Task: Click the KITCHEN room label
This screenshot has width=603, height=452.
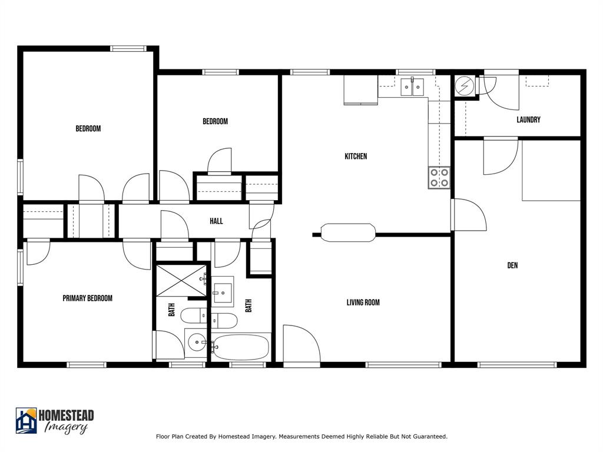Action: coord(356,157)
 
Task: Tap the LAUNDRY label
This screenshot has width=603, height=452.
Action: coord(528,120)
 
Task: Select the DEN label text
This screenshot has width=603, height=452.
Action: coord(512,265)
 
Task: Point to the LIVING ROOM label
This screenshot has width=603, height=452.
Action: coord(363,303)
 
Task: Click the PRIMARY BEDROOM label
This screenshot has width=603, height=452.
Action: coord(87,298)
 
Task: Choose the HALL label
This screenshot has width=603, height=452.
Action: coord(216,221)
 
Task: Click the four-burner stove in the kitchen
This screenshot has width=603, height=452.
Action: coord(439,178)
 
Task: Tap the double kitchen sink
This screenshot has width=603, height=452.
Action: coord(412,87)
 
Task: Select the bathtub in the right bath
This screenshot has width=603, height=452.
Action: coord(240,347)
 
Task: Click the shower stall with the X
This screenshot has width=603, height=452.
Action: coord(181,280)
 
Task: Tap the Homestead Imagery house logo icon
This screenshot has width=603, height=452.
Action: coord(26,420)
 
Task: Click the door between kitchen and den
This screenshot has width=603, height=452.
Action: coord(468,215)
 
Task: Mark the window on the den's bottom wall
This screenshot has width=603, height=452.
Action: coord(516,365)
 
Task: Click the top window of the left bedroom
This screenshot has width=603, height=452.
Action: coord(128,49)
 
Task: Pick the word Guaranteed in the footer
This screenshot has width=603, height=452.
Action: coord(429,437)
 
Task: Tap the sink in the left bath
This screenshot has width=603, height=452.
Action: coord(197,341)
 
